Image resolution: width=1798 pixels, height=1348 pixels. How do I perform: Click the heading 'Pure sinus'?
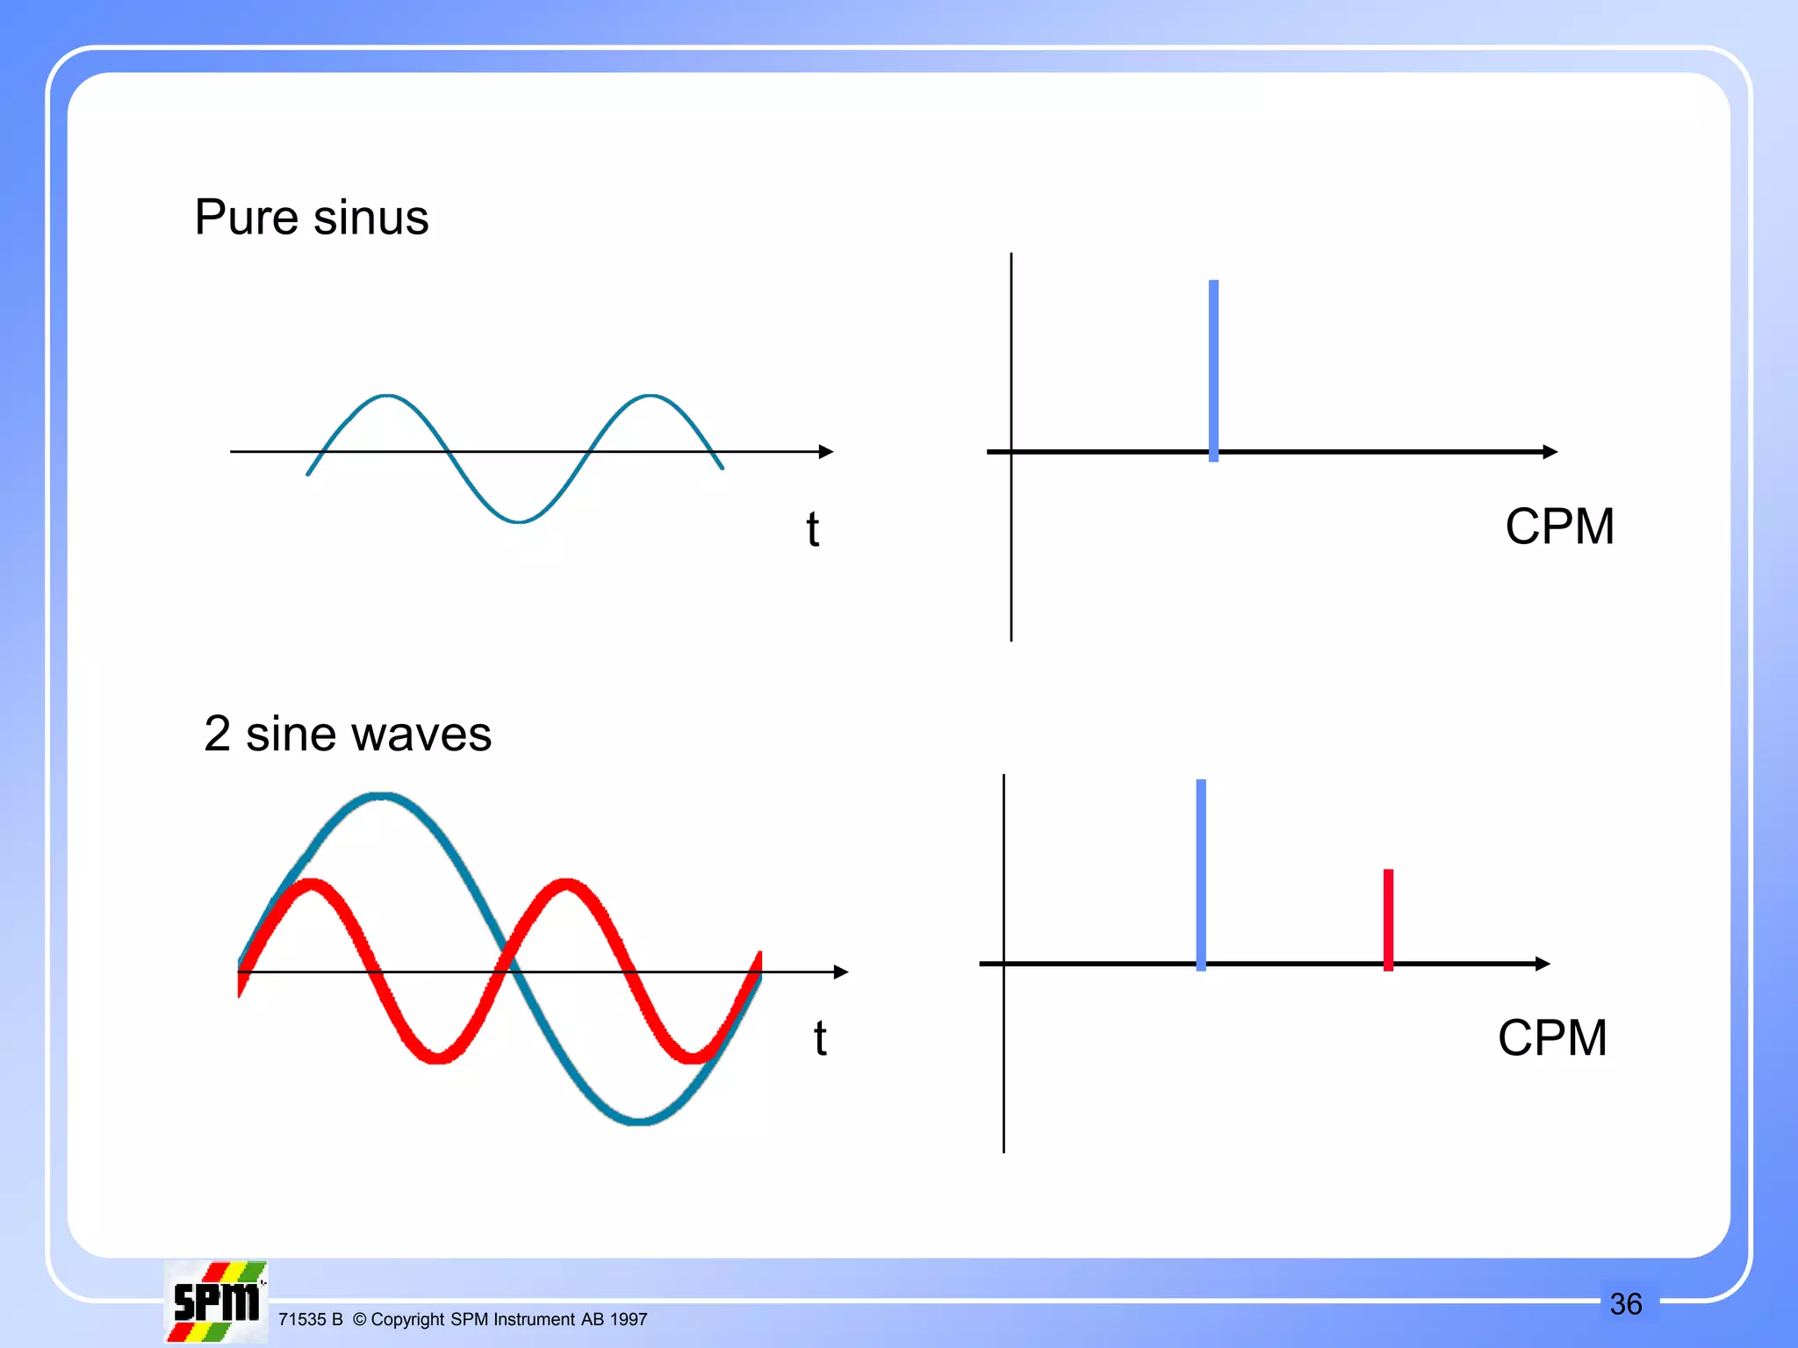[x=312, y=218]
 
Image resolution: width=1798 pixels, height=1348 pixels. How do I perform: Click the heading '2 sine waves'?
[x=348, y=734]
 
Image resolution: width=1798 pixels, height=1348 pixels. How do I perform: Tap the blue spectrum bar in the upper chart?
[x=1213, y=369]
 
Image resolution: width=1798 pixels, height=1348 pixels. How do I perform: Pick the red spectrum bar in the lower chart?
[x=1388, y=919]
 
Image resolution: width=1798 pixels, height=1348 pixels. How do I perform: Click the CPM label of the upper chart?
[x=1559, y=527]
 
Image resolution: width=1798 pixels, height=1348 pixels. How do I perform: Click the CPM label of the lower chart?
[x=1552, y=1038]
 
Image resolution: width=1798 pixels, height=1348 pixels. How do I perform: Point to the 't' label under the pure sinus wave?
[x=813, y=530]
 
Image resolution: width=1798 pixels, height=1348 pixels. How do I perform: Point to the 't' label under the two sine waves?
[x=820, y=1039]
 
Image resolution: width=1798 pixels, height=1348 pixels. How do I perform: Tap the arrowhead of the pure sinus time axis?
[x=826, y=452]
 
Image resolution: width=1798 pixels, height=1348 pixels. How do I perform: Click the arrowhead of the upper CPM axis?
[x=1550, y=452]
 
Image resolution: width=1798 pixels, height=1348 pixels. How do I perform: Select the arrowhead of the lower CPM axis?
[x=1543, y=964]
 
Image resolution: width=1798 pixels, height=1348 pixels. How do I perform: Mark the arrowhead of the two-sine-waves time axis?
[x=841, y=972]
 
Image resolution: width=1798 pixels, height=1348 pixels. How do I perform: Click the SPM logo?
[x=216, y=1301]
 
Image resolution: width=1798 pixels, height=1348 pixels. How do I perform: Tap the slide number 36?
[x=1626, y=1304]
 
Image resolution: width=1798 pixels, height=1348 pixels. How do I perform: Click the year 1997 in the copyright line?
[x=629, y=1320]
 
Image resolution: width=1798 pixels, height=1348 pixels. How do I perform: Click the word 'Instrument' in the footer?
[x=534, y=1320]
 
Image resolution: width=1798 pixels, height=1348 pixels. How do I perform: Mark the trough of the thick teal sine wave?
[x=639, y=1120]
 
